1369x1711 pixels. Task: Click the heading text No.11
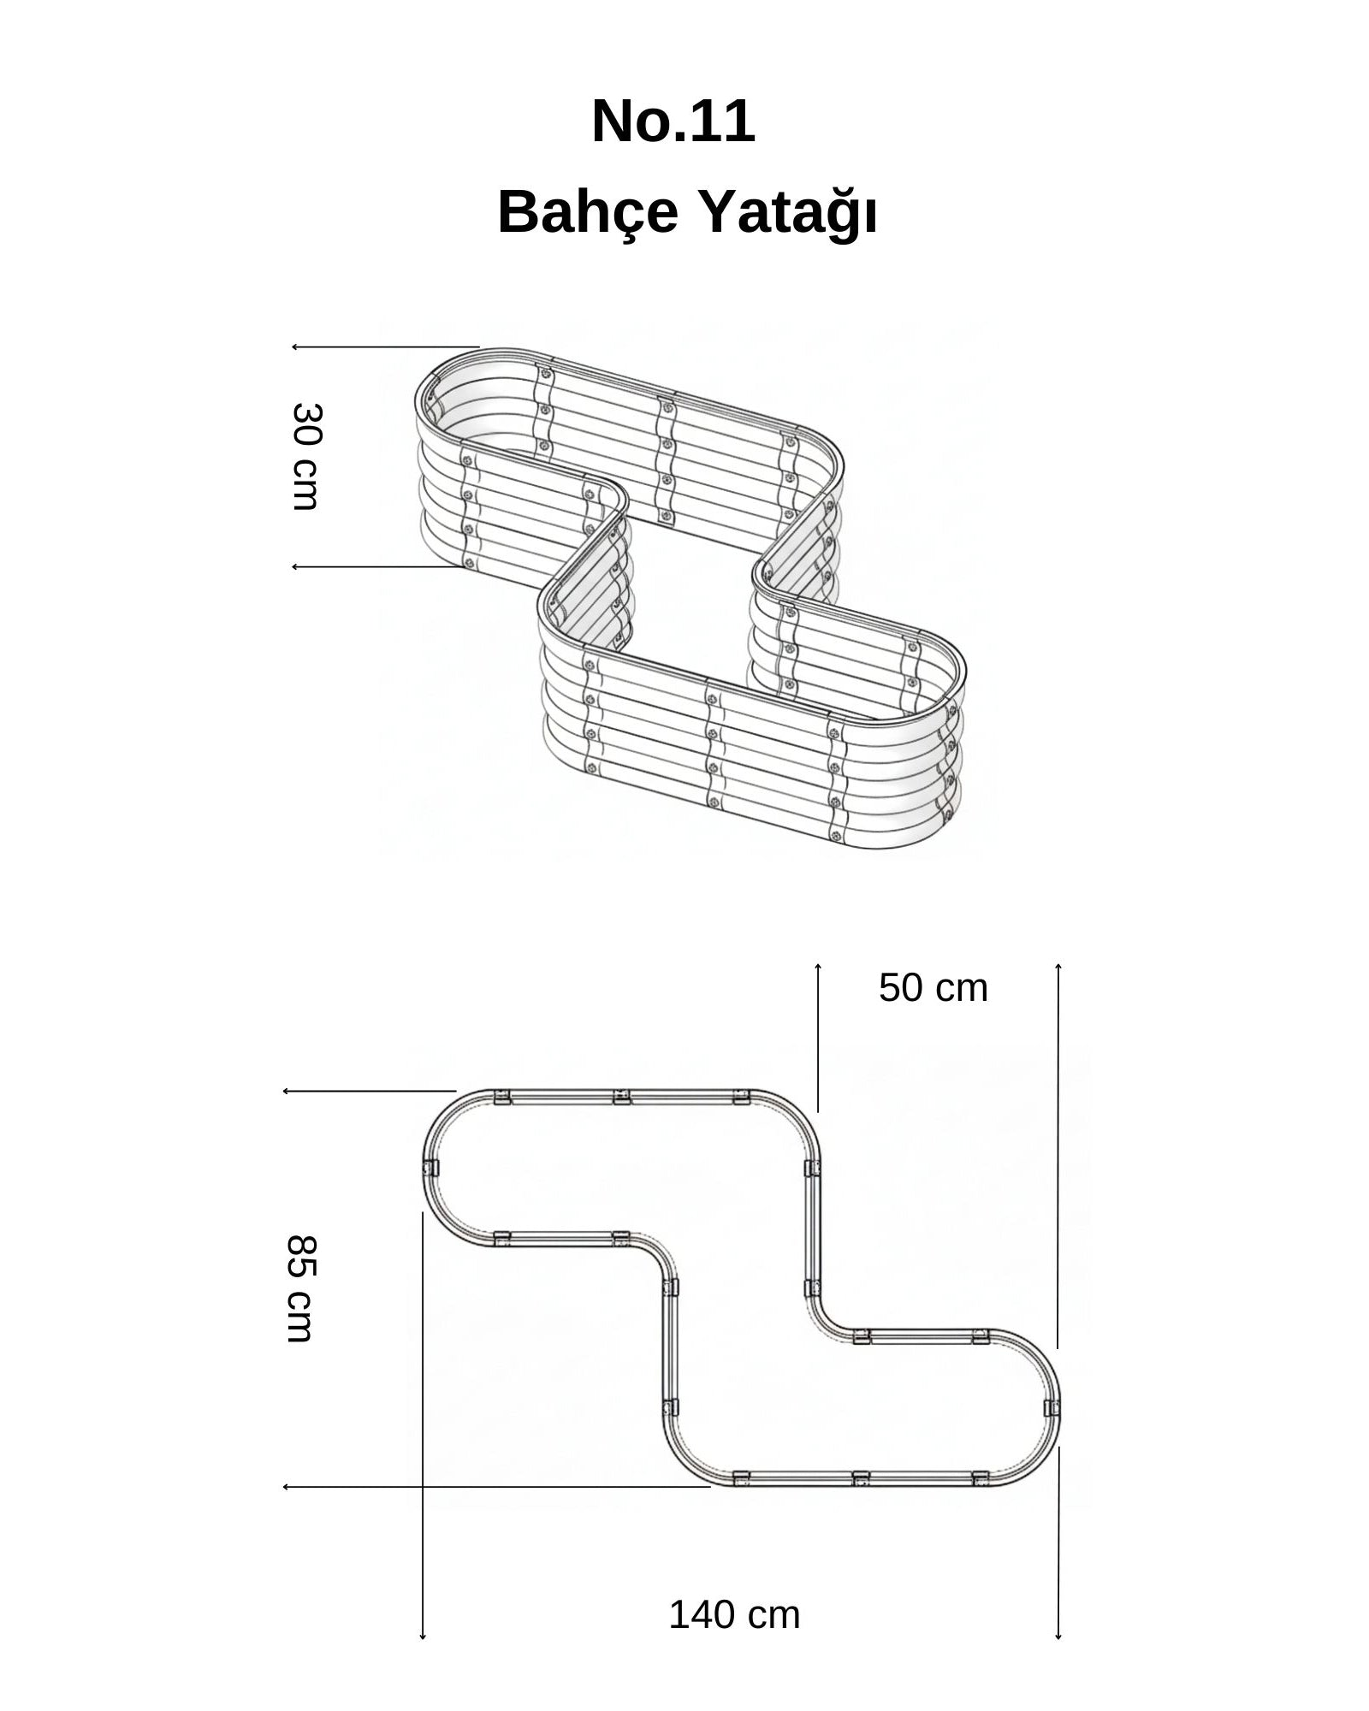(673, 121)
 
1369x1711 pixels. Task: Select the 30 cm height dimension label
(305, 457)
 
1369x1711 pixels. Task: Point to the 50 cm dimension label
(933, 988)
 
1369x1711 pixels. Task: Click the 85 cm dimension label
(300, 1288)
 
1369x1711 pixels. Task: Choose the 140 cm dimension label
(734, 1615)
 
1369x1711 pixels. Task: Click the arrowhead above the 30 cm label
(295, 347)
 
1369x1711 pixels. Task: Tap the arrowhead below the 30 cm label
(295, 566)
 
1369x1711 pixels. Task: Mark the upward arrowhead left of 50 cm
(818, 967)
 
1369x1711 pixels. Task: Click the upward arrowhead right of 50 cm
(1058, 967)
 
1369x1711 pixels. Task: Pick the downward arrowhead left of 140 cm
(423, 1637)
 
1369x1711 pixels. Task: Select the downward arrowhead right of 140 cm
(1058, 1637)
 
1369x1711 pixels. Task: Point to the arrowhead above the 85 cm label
(287, 1092)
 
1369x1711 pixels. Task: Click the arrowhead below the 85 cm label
(287, 1487)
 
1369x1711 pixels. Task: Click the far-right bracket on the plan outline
(1052, 1407)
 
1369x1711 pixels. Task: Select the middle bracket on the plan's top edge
(622, 1096)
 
